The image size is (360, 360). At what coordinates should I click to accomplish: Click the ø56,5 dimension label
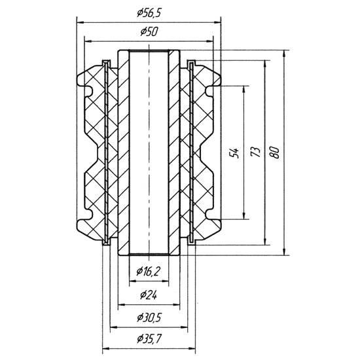click(x=149, y=13)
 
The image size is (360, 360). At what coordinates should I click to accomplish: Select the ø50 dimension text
click(x=149, y=31)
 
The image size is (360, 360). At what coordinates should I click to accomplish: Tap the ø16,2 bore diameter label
click(x=148, y=272)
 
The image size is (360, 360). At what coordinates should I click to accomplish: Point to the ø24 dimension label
click(x=149, y=295)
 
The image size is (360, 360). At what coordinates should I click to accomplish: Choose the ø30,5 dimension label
click(x=149, y=317)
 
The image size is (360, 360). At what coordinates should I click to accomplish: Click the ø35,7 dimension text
click(x=149, y=338)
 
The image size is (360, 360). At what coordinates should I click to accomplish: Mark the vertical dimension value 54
click(x=234, y=153)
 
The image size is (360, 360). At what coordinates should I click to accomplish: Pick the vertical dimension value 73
click(x=255, y=152)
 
